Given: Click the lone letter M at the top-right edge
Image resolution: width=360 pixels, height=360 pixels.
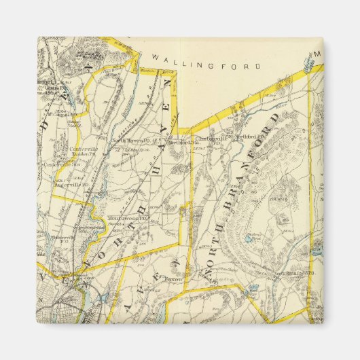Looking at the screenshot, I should pos(317,54).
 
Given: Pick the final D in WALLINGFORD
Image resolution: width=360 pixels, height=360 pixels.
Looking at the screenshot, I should pos(257,67).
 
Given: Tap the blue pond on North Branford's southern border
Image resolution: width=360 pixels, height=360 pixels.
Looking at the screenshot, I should pos(253,288).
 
